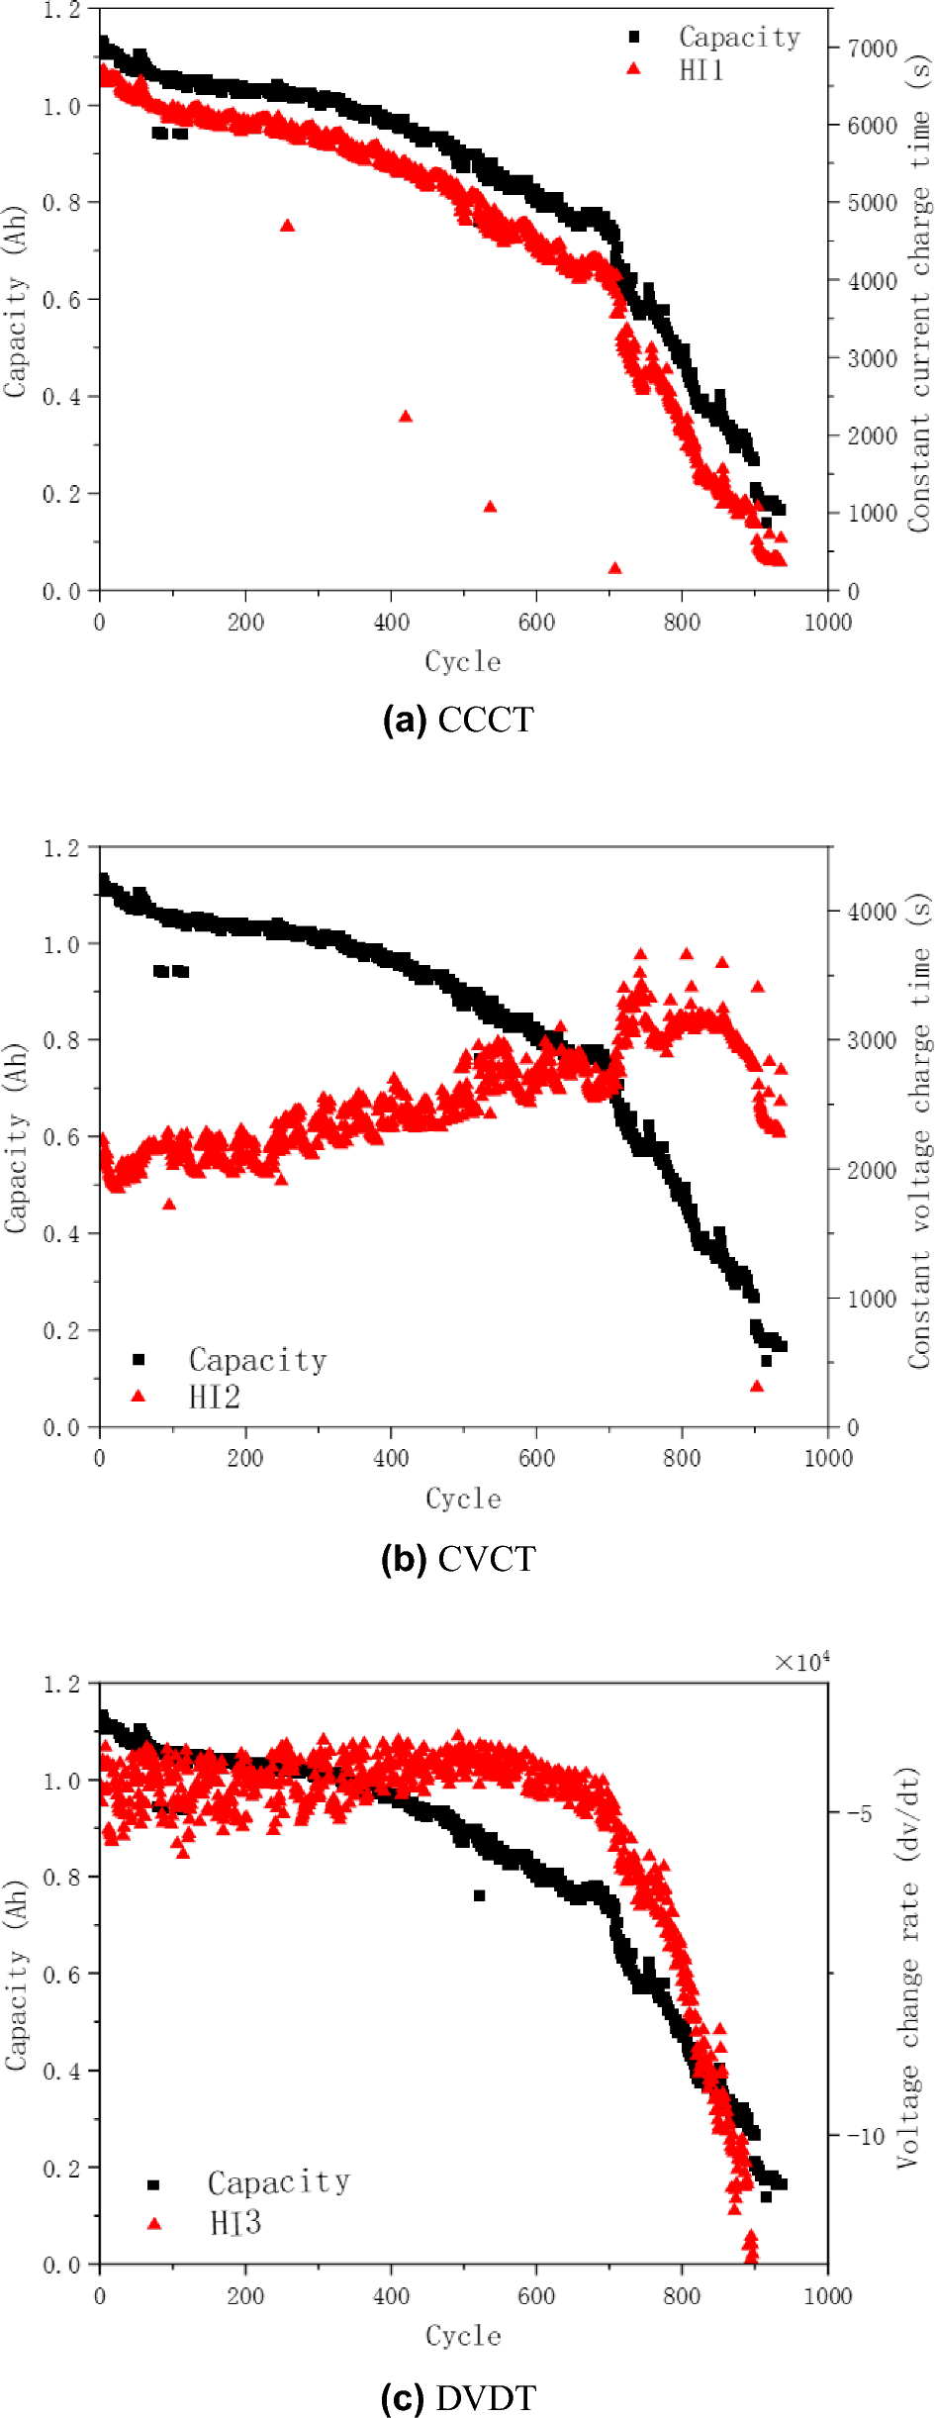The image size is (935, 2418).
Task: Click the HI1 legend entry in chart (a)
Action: tap(701, 70)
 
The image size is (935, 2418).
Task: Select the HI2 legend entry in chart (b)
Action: tap(214, 1397)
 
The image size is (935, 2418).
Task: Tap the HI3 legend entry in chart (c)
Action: tap(235, 2223)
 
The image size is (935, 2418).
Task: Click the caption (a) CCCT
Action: tap(458, 720)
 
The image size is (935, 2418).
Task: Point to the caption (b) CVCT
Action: tap(458, 1559)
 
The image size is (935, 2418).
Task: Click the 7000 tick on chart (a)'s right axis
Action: tap(872, 48)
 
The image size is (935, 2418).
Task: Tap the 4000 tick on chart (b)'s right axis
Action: tap(872, 912)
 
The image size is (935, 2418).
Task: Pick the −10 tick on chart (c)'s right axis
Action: tap(865, 2135)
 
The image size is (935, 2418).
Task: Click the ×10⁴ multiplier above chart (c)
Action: tap(801, 1663)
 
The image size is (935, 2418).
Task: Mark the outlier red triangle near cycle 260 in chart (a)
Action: tap(287, 226)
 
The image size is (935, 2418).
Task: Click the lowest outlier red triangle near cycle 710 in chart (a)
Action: tap(614, 568)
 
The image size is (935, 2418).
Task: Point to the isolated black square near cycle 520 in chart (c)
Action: tap(480, 1895)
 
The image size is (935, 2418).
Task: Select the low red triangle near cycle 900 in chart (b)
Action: tap(757, 1386)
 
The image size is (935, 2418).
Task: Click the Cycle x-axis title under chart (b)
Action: tap(463, 1499)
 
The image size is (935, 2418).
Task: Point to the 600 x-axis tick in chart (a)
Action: tap(536, 623)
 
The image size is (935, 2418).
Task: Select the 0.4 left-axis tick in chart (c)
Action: tap(61, 2071)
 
